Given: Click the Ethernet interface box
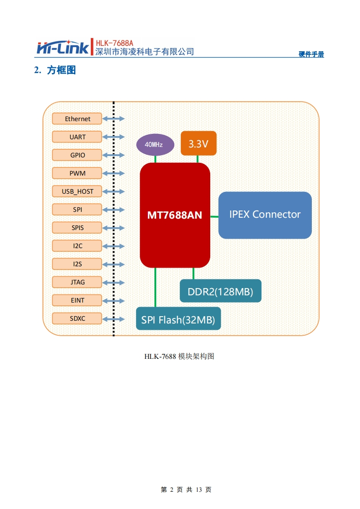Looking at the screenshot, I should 78,119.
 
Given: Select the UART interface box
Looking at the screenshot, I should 78,137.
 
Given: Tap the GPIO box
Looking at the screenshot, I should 78,155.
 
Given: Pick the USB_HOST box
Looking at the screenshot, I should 78,191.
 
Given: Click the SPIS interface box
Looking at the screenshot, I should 78,228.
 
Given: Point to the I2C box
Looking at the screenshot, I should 78,246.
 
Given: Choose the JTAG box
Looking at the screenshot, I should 78,282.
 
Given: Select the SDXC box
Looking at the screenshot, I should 78,318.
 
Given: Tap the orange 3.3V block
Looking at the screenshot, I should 198,143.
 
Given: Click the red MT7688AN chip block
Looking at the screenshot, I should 175,215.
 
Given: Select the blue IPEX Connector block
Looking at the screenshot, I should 265,215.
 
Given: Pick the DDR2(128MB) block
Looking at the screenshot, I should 221,291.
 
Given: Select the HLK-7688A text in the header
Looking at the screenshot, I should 114,43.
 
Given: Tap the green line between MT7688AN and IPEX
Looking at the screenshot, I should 214,217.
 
